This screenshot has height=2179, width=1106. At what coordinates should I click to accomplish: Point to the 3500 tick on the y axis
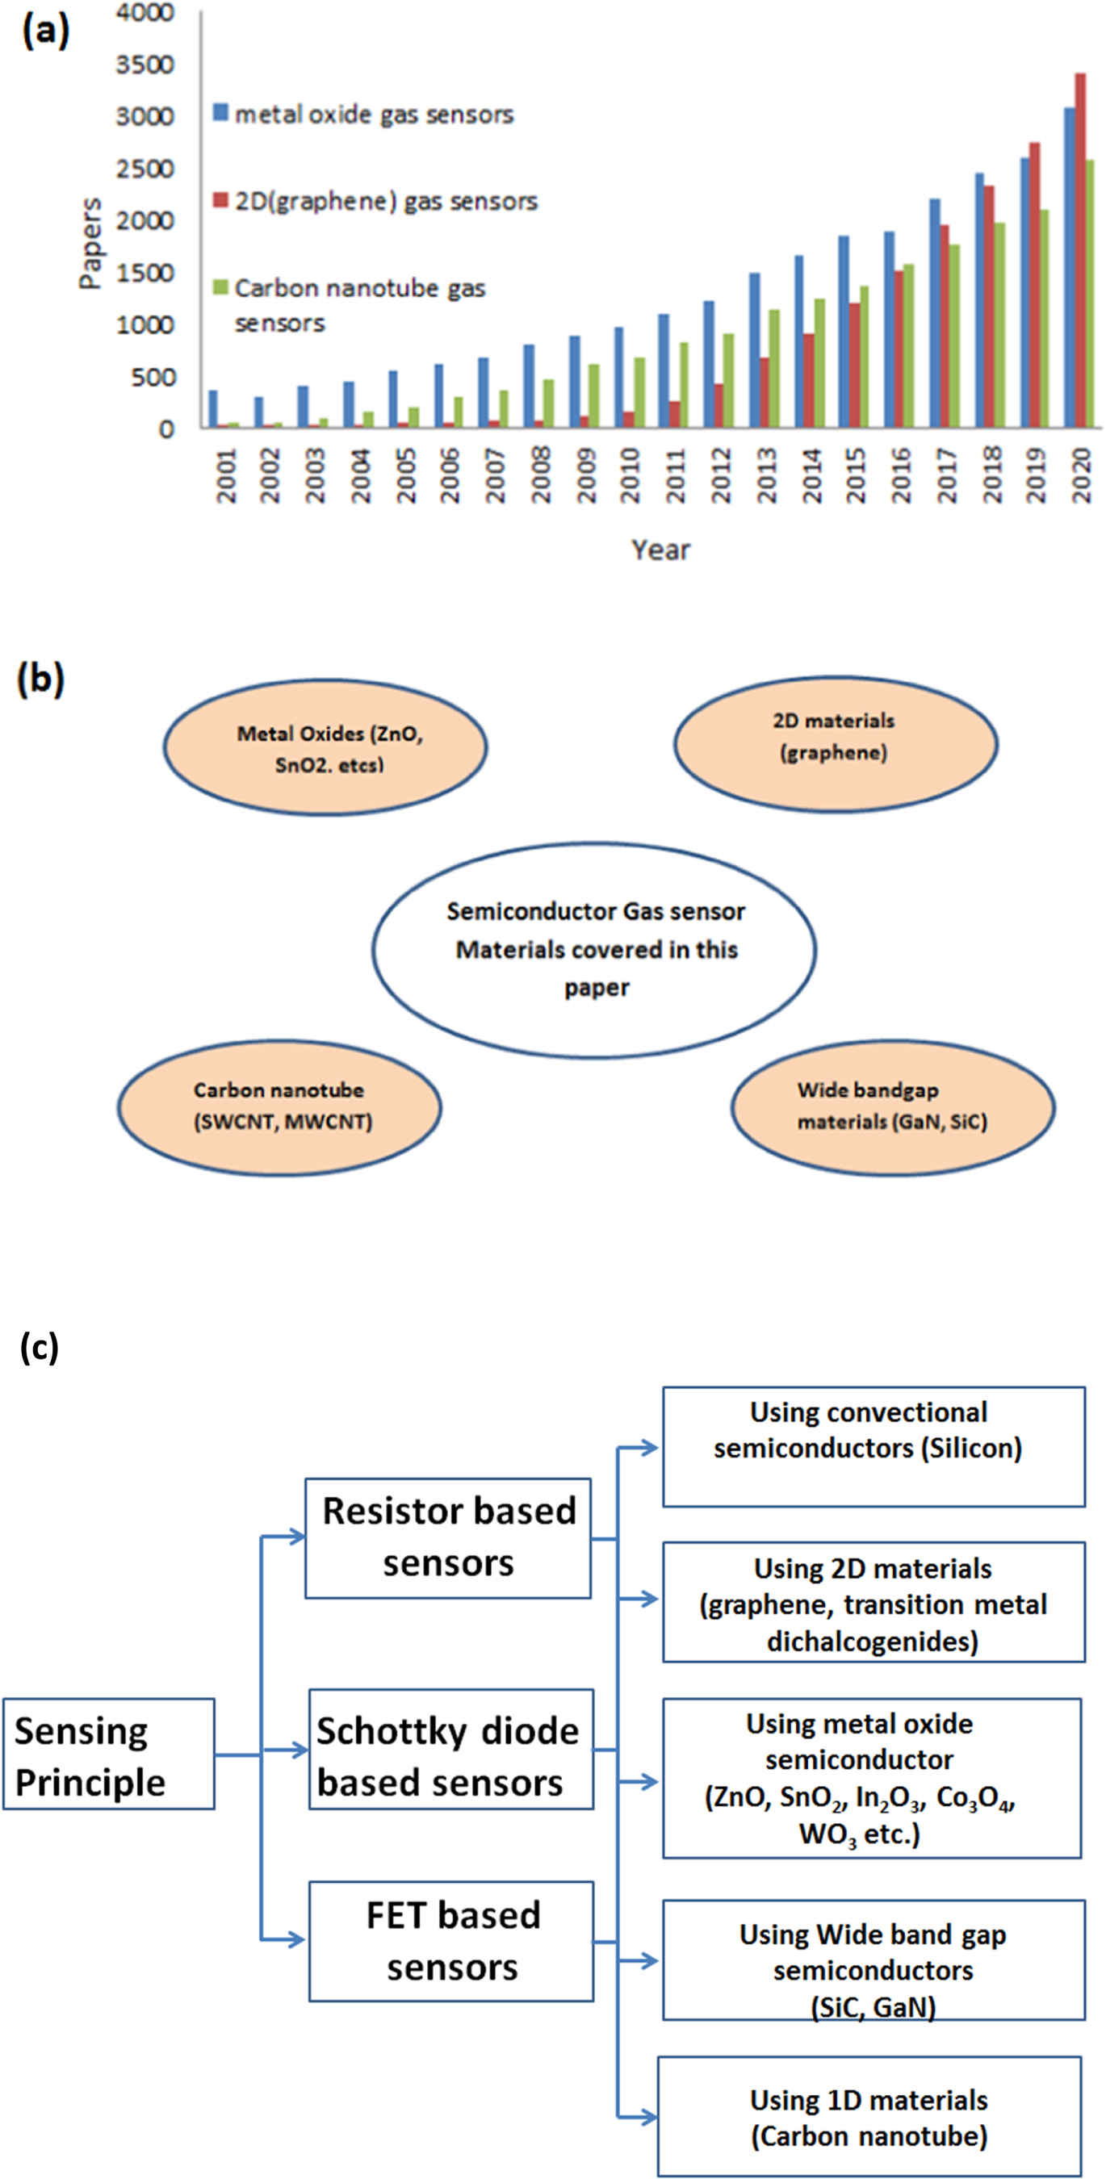[145, 65]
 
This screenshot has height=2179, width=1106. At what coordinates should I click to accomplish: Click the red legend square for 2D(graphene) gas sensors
[221, 200]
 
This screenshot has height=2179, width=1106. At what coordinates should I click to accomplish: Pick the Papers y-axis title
[89, 244]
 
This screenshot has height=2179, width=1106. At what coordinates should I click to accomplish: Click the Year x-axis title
[660, 550]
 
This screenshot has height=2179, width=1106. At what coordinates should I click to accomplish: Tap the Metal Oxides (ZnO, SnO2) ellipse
[326, 748]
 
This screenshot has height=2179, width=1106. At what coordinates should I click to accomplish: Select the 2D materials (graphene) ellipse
[836, 744]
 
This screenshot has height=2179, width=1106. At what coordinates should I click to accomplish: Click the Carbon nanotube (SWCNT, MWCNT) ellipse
[279, 1106]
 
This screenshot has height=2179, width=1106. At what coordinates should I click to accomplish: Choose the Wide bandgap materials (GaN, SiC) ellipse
[893, 1106]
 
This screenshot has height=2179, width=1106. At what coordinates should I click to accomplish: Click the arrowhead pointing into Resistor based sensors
[297, 1536]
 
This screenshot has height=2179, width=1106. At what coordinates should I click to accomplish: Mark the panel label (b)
[40, 680]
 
